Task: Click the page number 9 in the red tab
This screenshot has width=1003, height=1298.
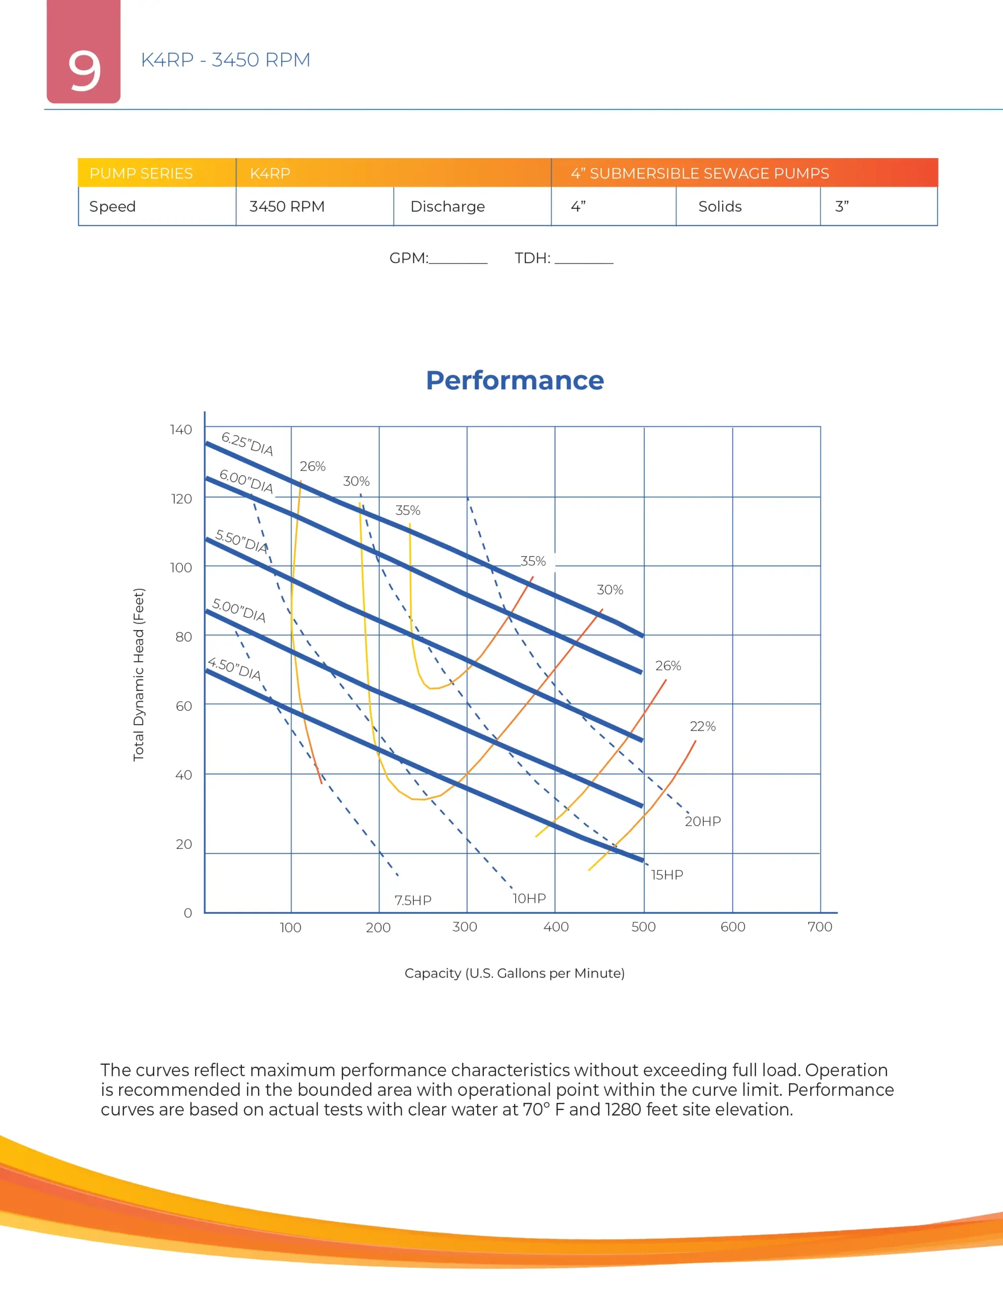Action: (84, 70)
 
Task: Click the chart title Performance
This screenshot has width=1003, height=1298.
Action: (514, 380)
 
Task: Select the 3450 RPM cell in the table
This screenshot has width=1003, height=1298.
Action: (286, 206)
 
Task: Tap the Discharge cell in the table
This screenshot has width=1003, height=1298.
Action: (447, 206)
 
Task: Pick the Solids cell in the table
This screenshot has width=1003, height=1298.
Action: (720, 206)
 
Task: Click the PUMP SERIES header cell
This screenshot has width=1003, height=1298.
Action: (141, 173)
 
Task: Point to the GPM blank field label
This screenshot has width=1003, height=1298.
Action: (409, 258)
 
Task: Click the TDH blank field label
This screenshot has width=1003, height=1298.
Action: (532, 258)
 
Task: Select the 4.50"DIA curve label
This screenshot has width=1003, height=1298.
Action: (234, 669)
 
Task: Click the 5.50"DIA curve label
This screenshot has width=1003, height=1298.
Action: (241, 541)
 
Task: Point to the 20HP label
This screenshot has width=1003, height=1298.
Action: (703, 821)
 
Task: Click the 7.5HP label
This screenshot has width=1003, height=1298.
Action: (413, 900)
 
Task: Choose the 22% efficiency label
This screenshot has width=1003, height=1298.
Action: (702, 726)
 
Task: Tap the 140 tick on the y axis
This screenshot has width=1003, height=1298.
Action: (181, 429)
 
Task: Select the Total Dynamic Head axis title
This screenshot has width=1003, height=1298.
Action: (138, 674)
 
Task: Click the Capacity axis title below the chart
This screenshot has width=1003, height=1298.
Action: (514, 973)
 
